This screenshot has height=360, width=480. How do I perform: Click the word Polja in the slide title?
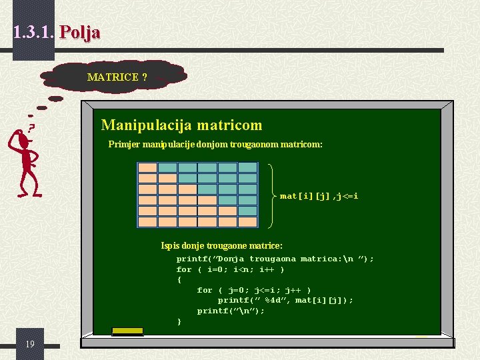coord(79,32)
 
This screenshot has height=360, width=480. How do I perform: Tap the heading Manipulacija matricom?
coord(181,125)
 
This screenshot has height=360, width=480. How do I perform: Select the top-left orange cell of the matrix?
coord(147,168)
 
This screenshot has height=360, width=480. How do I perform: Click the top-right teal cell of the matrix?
coord(248,168)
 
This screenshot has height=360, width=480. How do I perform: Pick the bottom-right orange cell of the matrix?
coord(248,221)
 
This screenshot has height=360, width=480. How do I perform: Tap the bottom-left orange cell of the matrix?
coord(147,221)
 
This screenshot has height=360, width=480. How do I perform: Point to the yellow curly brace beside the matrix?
coord(274,195)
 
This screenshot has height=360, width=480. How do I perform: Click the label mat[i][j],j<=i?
coord(319,196)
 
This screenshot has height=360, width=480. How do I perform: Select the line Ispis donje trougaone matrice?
coord(221,246)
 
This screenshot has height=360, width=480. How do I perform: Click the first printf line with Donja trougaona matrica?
coord(275,259)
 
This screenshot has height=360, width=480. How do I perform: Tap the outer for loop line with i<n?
coord(230,269)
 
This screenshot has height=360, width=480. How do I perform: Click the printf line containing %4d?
coord(285,301)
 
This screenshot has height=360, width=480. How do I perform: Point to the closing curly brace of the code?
coord(179,322)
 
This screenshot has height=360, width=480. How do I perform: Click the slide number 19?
coord(30,344)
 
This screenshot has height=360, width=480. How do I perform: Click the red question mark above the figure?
coord(31,126)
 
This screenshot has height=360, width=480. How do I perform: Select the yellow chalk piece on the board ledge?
coord(127,331)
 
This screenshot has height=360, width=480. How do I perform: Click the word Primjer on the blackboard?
coord(124,144)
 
